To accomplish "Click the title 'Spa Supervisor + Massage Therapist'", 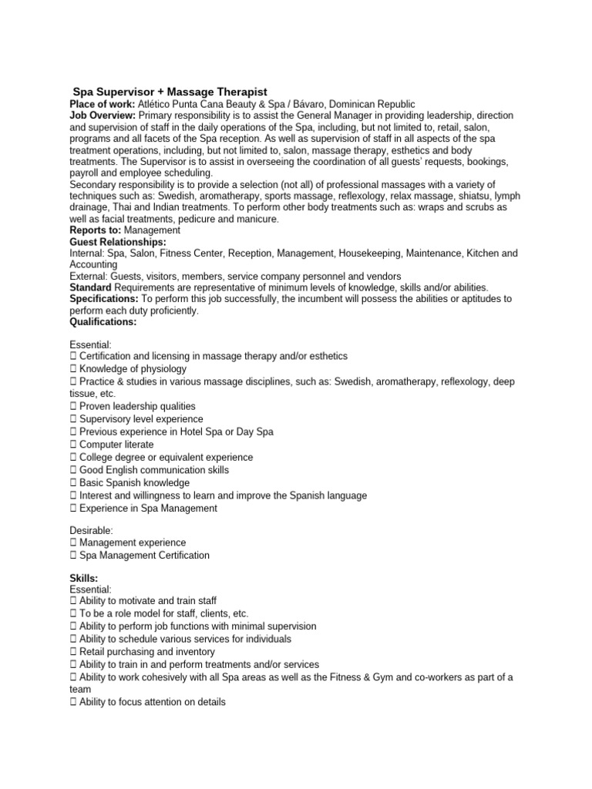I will [170, 92].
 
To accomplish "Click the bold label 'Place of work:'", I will [102, 104].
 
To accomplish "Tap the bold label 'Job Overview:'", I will [103, 116].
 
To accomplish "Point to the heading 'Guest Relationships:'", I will [118, 241].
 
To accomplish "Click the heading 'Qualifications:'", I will [103, 322].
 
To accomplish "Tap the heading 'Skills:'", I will [83, 577].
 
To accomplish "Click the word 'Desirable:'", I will [92, 531].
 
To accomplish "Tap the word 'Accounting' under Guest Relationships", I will [94, 264].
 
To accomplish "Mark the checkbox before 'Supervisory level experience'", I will [73, 419].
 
